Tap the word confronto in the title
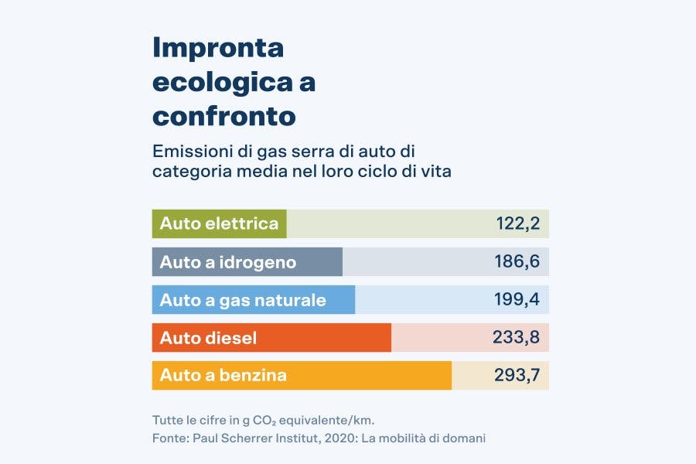(x=224, y=116)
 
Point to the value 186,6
(x=517, y=262)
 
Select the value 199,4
(x=517, y=300)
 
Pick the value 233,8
(x=516, y=338)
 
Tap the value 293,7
(x=516, y=376)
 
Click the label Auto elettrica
(x=219, y=224)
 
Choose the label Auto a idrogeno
(x=227, y=262)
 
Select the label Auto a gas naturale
(x=243, y=300)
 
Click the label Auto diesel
(x=208, y=338)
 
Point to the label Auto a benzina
(x=223, y=376)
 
